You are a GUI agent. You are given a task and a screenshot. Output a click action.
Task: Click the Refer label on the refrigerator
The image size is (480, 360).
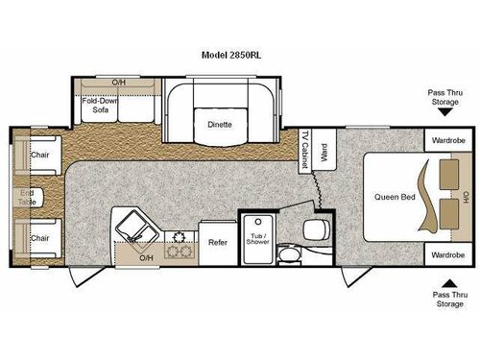point(217,242)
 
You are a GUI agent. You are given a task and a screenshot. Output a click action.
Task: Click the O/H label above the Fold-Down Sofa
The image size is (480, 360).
point(118,83)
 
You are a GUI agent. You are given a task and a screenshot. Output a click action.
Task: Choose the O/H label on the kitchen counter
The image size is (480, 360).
point(146,258)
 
